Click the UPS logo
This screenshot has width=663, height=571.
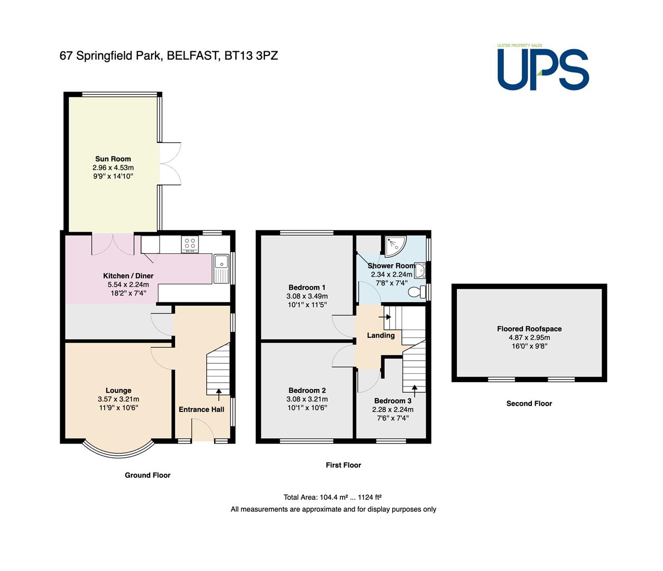(x=543, y=67)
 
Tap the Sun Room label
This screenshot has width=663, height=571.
(x=113, y=159)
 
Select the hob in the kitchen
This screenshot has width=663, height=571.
(x=190, y=244)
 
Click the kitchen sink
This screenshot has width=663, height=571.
(x=222, y=269)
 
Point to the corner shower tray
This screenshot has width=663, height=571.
(x=395, y=246)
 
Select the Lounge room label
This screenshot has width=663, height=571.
(x=118, y=390)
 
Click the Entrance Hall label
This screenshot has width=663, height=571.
(x=201, y=409)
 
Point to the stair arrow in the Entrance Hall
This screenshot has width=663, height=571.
(x=219, y=395)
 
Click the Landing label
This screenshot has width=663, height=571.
(x=381, y=336)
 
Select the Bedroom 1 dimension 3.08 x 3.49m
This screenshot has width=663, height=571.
(x=307, y=296)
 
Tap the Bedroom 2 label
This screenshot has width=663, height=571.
(x=307, y=390)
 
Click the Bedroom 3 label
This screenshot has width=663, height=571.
(x=393, y=401)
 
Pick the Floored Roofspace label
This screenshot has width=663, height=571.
(x=529, y=329)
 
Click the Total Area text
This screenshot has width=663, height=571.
(x=333, y=497)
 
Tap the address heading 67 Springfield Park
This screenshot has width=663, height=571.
(x=169, y=56)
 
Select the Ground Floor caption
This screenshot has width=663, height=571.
(x=148, y=475)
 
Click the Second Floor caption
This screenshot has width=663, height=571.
(x=529, y=403)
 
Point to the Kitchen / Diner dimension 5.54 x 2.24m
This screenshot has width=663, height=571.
(x=128, y=284)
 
